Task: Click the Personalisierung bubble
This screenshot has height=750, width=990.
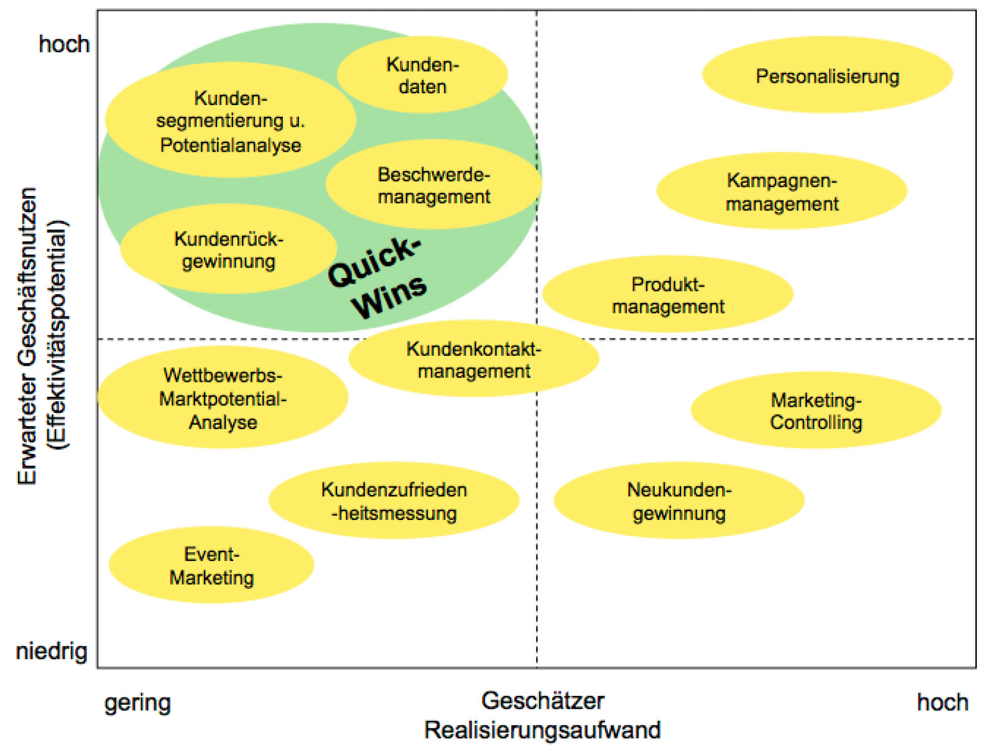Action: coord(827,75)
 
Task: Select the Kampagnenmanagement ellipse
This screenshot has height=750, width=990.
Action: coord(782,191)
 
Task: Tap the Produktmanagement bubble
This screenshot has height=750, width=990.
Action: coord(667,294)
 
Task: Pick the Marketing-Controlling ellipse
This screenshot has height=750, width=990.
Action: coord(816,410)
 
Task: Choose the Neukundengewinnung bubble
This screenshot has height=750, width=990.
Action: coord(679,501)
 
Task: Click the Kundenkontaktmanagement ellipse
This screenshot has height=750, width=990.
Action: coord(474,359)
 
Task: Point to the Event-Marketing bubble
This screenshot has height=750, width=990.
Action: coord(211,565)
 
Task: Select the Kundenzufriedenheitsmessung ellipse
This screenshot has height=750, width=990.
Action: coord(394,501)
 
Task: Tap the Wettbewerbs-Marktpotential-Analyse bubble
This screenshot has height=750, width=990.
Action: coord(223,398)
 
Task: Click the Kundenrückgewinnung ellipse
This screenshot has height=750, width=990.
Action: coord(228,249)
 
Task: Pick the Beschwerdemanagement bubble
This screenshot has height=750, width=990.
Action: coord(433,185)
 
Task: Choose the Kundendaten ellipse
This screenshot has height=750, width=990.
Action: coord(422,75)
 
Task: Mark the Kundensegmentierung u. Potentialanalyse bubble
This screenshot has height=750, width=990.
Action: coord(230,121)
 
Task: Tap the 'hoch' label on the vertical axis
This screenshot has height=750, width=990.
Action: coord(64,44)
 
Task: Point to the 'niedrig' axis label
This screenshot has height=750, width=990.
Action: coord(52,652)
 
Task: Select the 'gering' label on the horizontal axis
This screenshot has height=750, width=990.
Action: coord(137,703)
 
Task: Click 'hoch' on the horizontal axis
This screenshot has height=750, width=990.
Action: coord(942,703)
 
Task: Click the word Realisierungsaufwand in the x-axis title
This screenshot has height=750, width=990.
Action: coord(542,730)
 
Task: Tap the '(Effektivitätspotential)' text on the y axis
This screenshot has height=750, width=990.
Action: coord(59,334)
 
